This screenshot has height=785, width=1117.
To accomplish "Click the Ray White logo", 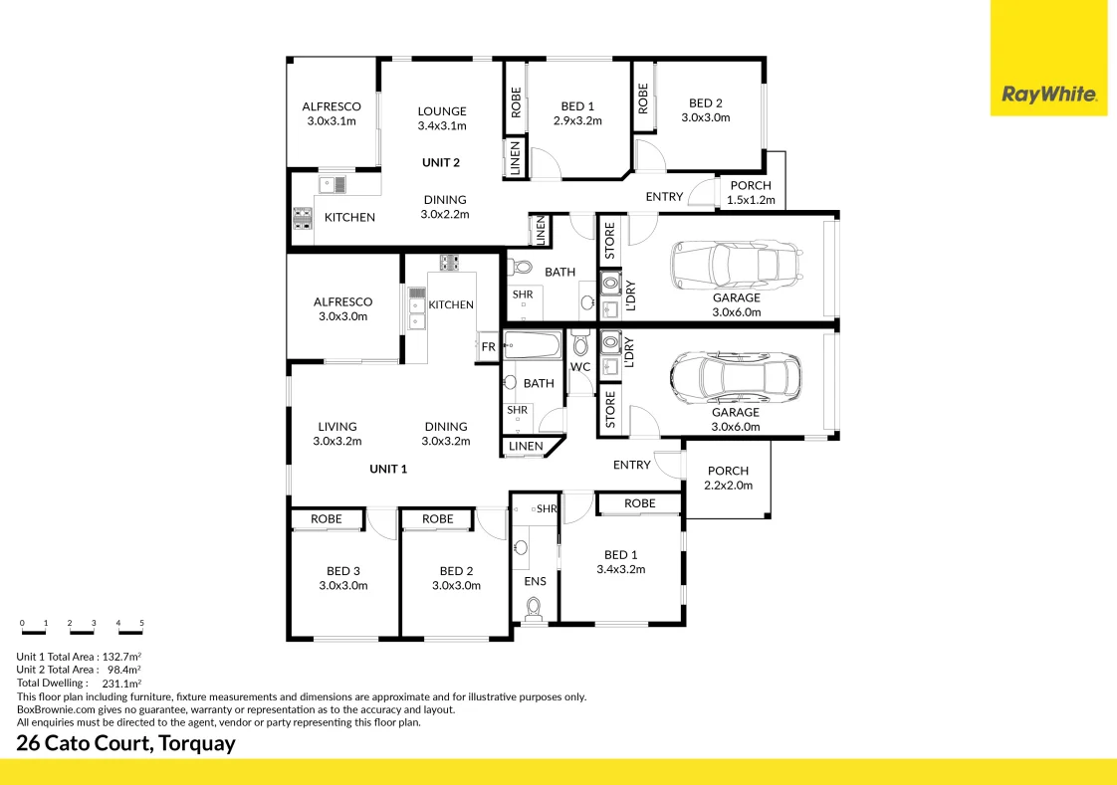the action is click(x=1049, y=94).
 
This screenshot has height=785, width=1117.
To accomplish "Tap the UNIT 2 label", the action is click(x=441, y=162).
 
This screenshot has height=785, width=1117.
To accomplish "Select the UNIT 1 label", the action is click(x=388, y=469).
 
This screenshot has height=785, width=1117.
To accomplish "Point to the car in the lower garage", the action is click(x=735, y=377).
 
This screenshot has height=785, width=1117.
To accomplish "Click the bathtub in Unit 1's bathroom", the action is click(x=533, y=345).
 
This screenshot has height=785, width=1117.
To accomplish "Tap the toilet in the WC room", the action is click(x=580, y=344).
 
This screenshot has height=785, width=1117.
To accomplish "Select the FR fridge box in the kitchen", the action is click(x=488, y=346).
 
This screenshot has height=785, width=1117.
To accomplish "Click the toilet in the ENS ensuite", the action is click(x=534, y=609).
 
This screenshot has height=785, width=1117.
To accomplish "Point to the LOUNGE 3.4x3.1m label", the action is click(x=442, y=118).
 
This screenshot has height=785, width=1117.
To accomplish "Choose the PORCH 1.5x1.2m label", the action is click(x=751, y=192).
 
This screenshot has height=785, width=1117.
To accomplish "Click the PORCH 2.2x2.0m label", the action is click(x=728, y=478).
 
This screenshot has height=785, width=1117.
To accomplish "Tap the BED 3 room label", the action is click(x=343, y=578).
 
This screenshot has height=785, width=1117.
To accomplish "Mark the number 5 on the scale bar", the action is click(x=141, y=623).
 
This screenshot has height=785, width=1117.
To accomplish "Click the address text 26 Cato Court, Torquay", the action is click(x=125, y=743).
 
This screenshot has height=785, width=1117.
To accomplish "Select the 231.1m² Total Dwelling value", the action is click(x=121, y=684).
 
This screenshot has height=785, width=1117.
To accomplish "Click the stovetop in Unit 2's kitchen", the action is click(x=303, y=219).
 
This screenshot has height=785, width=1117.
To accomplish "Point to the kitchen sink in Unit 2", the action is click(x=332, y=185).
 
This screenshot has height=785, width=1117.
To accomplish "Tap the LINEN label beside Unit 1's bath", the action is click(x=526, y=447).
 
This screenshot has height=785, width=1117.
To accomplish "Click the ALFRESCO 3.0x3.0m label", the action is click(x=342, y=308).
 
